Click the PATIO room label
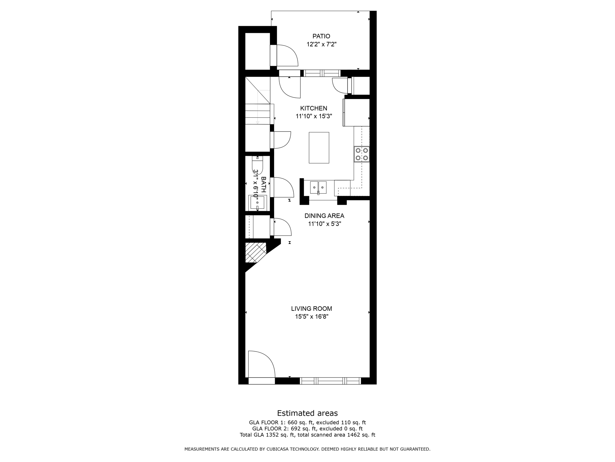(321, 36)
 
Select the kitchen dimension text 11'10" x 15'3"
(314, 116)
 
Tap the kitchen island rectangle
(319, 148)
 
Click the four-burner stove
(362, 154)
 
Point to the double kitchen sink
(318, 187)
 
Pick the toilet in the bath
(257, 165)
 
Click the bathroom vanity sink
(257, 202)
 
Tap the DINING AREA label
(324, 216)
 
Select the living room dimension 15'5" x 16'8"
(311, 316)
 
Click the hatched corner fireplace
(255, 252)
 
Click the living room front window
(330, 381)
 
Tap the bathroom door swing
(282, 187)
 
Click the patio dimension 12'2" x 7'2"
(321, 45)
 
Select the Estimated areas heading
(307, 413)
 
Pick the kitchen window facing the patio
(322, 73)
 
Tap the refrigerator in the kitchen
(356, 112)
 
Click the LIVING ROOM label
(311, 308)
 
